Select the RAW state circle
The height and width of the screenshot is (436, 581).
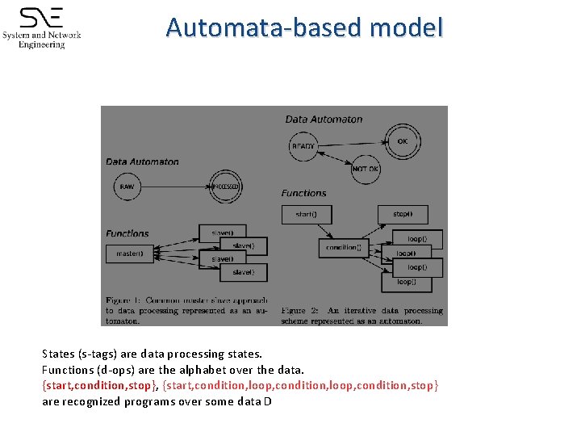(127, 187)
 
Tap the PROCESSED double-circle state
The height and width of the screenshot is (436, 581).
(225, 187)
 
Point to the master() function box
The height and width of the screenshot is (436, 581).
(129, 254)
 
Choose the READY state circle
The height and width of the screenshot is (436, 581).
(303, 146)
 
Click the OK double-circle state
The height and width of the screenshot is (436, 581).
(402, 140)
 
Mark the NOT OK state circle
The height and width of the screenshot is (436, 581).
(365, 169)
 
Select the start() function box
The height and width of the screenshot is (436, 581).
(306, 215)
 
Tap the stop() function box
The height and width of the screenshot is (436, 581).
(402, 215)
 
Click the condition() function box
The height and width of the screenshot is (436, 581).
(343, 248)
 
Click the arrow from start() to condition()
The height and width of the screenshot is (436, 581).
(324, 232)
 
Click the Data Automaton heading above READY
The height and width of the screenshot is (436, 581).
(324, 119)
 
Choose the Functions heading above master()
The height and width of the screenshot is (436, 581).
(127, 233)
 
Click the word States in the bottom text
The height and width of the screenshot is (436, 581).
(59, 354)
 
